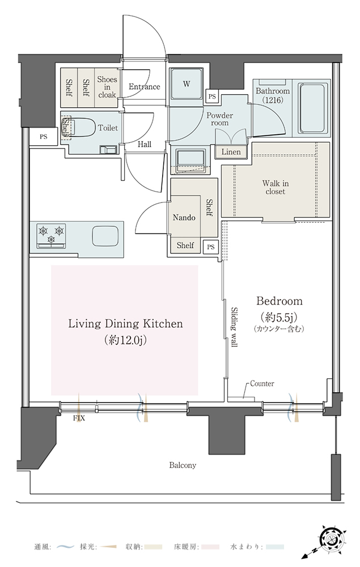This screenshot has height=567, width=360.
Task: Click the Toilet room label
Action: tap(108, 128)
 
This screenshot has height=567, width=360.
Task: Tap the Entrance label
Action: tap(144, 87)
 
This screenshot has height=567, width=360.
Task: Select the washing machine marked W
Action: tap(187, 83)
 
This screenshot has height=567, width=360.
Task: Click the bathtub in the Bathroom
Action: tap(314, 109)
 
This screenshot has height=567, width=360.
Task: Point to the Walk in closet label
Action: tap(275, 187)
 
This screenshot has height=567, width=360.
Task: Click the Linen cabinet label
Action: tap(231, 152)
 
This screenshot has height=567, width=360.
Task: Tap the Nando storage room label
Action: tap(184, 218)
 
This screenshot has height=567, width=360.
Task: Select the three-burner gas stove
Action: tap(52, 235)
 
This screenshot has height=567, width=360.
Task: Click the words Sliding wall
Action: tap(234, 327)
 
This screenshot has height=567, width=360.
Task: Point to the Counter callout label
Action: tap(262, 383)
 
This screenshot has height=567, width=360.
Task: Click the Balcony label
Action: tap(183, 465)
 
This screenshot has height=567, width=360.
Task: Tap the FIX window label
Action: tap(79, 418)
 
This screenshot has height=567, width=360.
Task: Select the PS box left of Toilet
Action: tap(44, 137)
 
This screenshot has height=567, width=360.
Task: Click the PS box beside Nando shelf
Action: tap(211, 247)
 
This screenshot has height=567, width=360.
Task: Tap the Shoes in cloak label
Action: tap(107, 87)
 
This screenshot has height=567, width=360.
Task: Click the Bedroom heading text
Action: tap(279, 301)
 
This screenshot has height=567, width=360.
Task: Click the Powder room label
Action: tap(220, 119)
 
